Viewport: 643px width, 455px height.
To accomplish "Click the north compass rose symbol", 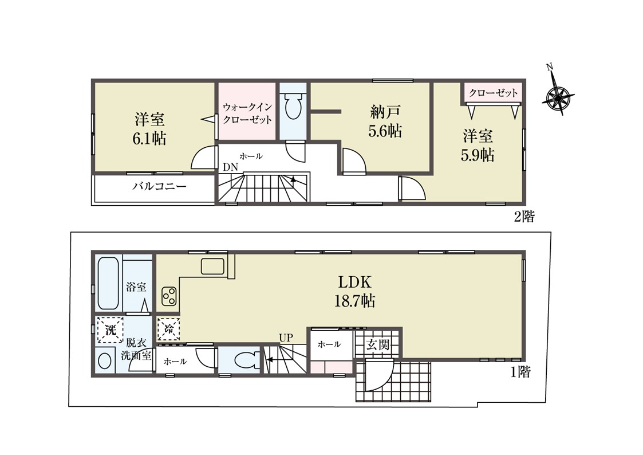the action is pos(558,97).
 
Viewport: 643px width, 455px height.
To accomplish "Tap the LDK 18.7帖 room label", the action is pos(355,291).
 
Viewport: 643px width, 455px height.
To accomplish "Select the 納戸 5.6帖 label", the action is pos(385,121).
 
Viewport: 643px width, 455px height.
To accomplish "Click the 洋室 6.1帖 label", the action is pos(149,130).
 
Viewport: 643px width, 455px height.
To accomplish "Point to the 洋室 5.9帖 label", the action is pos(478,145).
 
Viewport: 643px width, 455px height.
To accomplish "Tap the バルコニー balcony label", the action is pos(159,186).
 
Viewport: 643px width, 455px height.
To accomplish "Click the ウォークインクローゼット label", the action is pos(247,113).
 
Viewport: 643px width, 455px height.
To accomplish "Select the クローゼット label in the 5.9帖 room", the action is pos(494,93).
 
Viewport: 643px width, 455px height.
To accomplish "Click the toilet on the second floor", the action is pos(293,105).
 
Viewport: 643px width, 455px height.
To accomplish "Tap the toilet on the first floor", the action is pos(246,360).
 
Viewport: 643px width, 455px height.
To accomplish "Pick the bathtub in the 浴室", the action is pos(109,283).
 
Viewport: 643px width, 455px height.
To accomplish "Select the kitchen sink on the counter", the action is pos(212,266).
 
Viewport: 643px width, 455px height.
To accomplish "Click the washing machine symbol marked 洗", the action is pos(110,330).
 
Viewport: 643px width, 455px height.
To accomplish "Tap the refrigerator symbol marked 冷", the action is pos(168,329).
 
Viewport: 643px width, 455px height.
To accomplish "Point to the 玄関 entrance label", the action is pos(377,344).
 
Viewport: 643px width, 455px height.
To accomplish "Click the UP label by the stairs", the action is pos(286,338).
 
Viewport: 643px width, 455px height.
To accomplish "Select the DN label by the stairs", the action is pos(230,167).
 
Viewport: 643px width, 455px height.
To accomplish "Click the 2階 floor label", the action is pos(524,216).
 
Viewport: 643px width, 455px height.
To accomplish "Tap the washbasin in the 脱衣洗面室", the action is pos(105,361).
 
